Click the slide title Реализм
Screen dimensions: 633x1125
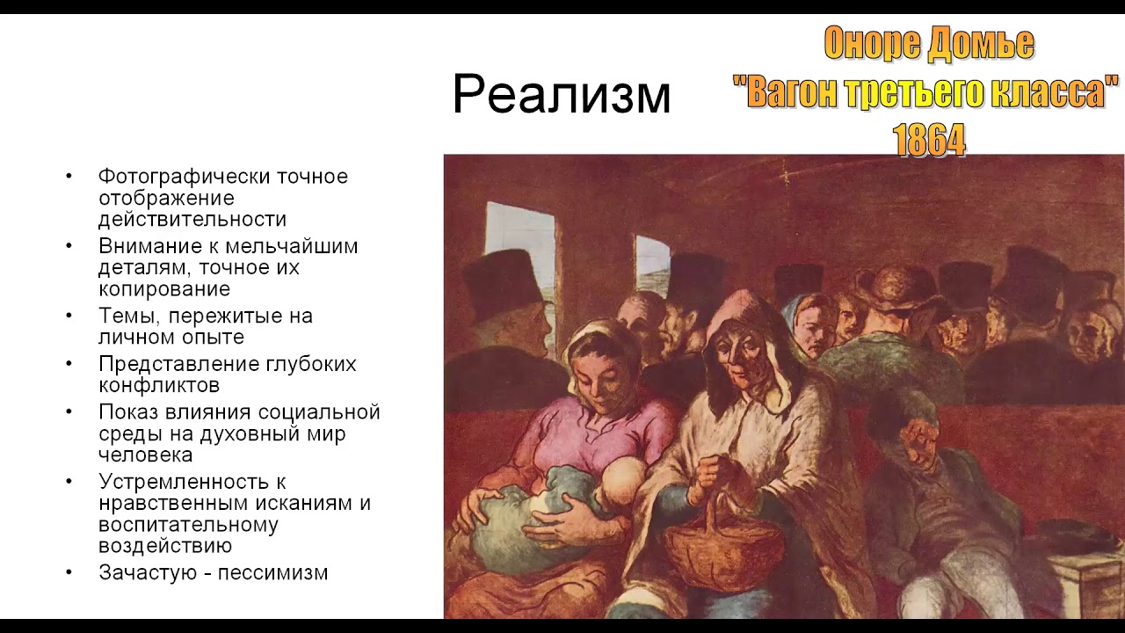[x=561, y=95]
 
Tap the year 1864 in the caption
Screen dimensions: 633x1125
[x=928, y=140]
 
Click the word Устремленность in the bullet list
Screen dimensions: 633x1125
[x=192, y=482]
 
